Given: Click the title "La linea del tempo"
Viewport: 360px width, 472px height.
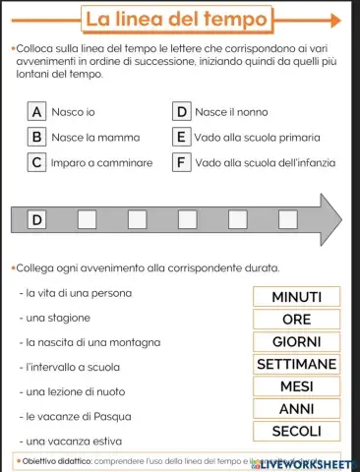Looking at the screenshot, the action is [x=176, y=19].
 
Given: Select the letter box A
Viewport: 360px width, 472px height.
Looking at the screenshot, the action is [x=36, y=112].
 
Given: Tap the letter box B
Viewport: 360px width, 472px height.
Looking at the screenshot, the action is [x=36, y=137].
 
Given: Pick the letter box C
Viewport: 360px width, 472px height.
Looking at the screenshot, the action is [x=36, y=162].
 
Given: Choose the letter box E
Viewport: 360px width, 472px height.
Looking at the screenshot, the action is [x=181, y=137].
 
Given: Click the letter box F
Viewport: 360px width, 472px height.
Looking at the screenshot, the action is [x=181, y=162].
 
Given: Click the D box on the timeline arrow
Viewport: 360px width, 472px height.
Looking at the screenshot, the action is [x=37, y=218].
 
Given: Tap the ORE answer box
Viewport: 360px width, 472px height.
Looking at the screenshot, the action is [x=296, y=320].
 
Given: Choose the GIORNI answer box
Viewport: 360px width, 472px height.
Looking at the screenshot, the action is [x=296, y=342].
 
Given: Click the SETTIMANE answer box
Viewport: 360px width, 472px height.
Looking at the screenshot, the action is [x=296, y=364].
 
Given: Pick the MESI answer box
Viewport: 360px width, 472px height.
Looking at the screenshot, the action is [x=296, y=386].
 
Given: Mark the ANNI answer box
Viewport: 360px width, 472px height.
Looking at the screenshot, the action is [x=296, y=408].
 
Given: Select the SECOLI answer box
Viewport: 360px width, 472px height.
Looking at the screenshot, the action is [x=296, y=431].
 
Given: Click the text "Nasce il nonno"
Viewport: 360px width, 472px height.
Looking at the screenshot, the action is [x=231, y=112].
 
